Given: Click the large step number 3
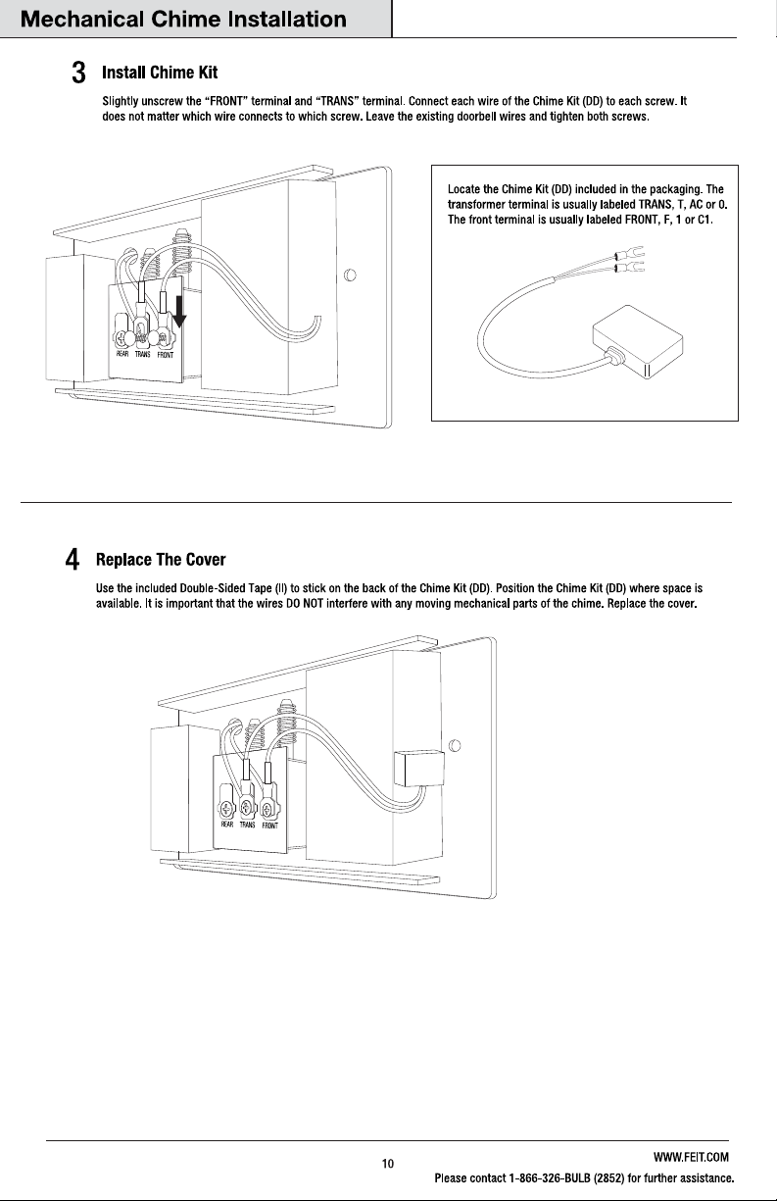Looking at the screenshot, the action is [78, 73].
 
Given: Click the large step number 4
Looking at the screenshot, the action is [73, 560].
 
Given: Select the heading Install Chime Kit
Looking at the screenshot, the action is [160, 73].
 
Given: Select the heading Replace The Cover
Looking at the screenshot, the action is [161, 559].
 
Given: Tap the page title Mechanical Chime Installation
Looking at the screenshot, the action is [183, 20].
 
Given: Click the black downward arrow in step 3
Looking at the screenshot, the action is [179, 312].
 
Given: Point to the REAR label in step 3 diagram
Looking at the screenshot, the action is [122, 353].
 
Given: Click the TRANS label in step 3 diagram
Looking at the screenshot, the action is [142, 354].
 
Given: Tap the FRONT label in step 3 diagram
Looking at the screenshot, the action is [165, 355].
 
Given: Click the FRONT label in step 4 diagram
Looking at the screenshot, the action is [270, 826].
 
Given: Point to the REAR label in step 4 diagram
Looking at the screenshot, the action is [227, 825].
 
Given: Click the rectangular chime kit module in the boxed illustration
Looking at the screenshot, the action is [638, 341].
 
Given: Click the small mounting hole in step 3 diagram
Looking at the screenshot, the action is [350, 275].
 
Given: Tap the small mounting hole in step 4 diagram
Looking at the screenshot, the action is [454, 746].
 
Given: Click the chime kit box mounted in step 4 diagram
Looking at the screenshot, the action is [419, 769].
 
